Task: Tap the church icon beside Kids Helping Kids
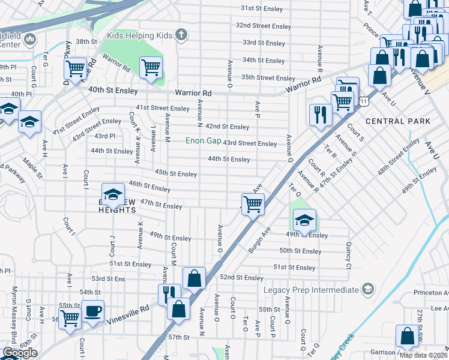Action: point(181,35)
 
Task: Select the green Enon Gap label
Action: point(202,141)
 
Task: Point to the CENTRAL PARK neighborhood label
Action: point(397,121)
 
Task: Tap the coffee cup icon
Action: point(92,311)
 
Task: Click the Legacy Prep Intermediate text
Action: point(311,290)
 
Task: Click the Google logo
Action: point(20,353)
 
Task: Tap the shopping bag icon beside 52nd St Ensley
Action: point(194,278)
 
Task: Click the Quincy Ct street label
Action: point(348,255)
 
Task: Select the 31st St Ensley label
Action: point(265,8)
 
